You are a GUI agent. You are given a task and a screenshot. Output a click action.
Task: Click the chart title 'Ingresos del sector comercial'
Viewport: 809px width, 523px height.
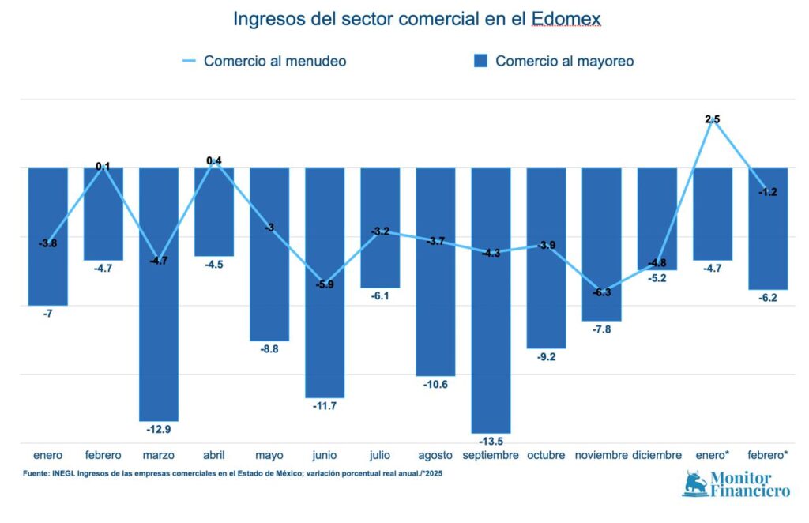click(x=416, y=19)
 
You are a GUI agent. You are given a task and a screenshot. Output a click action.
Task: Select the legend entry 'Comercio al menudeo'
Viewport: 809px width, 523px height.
click(x=274, y=61)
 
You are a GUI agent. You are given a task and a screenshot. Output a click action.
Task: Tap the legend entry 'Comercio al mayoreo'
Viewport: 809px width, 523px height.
click(x=564, y=61)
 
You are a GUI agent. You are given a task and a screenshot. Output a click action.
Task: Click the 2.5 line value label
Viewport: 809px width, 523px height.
click(x=713, y=119)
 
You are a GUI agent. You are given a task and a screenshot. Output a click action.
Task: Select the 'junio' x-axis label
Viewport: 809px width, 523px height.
click(x=325, y=455)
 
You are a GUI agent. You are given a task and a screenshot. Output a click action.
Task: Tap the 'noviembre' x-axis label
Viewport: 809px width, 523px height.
click(x=601, y=455)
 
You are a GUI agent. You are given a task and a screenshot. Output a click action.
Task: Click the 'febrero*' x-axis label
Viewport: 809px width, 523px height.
click(x=768, y=455)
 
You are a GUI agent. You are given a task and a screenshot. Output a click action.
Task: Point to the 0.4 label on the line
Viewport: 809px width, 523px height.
click(x=214, y=161)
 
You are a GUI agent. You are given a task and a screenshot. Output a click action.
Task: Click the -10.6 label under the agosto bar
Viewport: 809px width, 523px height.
click(x=435, y=384)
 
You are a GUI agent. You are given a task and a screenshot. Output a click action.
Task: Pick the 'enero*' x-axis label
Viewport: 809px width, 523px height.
click(x=713, y=455)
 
